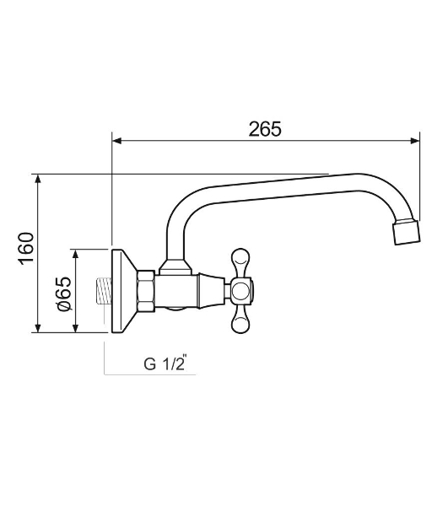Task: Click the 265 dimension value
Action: [x=265, y=129]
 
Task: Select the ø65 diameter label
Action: [x=64, y=293]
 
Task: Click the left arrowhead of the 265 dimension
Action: [x=116, y=141]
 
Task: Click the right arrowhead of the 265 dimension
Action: [x=414, y=141]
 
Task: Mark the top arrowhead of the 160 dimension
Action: [x=38, y=179]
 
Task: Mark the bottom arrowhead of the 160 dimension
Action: [x=38, y=328]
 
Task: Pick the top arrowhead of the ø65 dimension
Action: [x=76, y=254]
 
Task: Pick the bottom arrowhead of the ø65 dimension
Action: [x=76, y=328]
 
